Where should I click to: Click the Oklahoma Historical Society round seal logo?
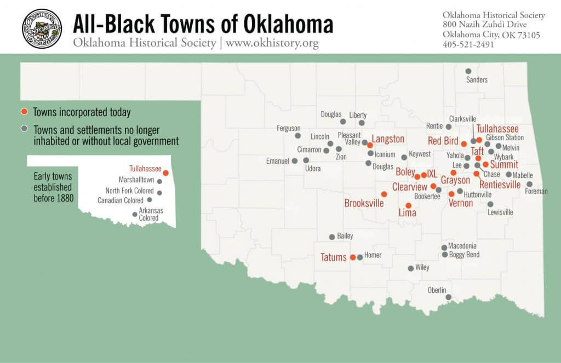point(42,28)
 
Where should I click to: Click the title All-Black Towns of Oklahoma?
point(203,25)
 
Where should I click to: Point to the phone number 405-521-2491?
point(468,44)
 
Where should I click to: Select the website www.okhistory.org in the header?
point(272,43)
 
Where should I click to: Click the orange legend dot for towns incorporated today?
point(24,112)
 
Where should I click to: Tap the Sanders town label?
point(477,80)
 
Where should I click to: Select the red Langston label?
point(388,139)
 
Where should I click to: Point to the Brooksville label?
point(364,203)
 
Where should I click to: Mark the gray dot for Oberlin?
point(449,297)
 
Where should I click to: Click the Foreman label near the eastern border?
point(536,192)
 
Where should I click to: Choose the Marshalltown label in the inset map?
point(136,180)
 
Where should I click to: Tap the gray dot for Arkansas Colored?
point(135,214)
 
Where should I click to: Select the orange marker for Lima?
point(408,205)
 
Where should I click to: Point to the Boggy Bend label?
point(464,255)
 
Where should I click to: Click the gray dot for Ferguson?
point(297,136)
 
